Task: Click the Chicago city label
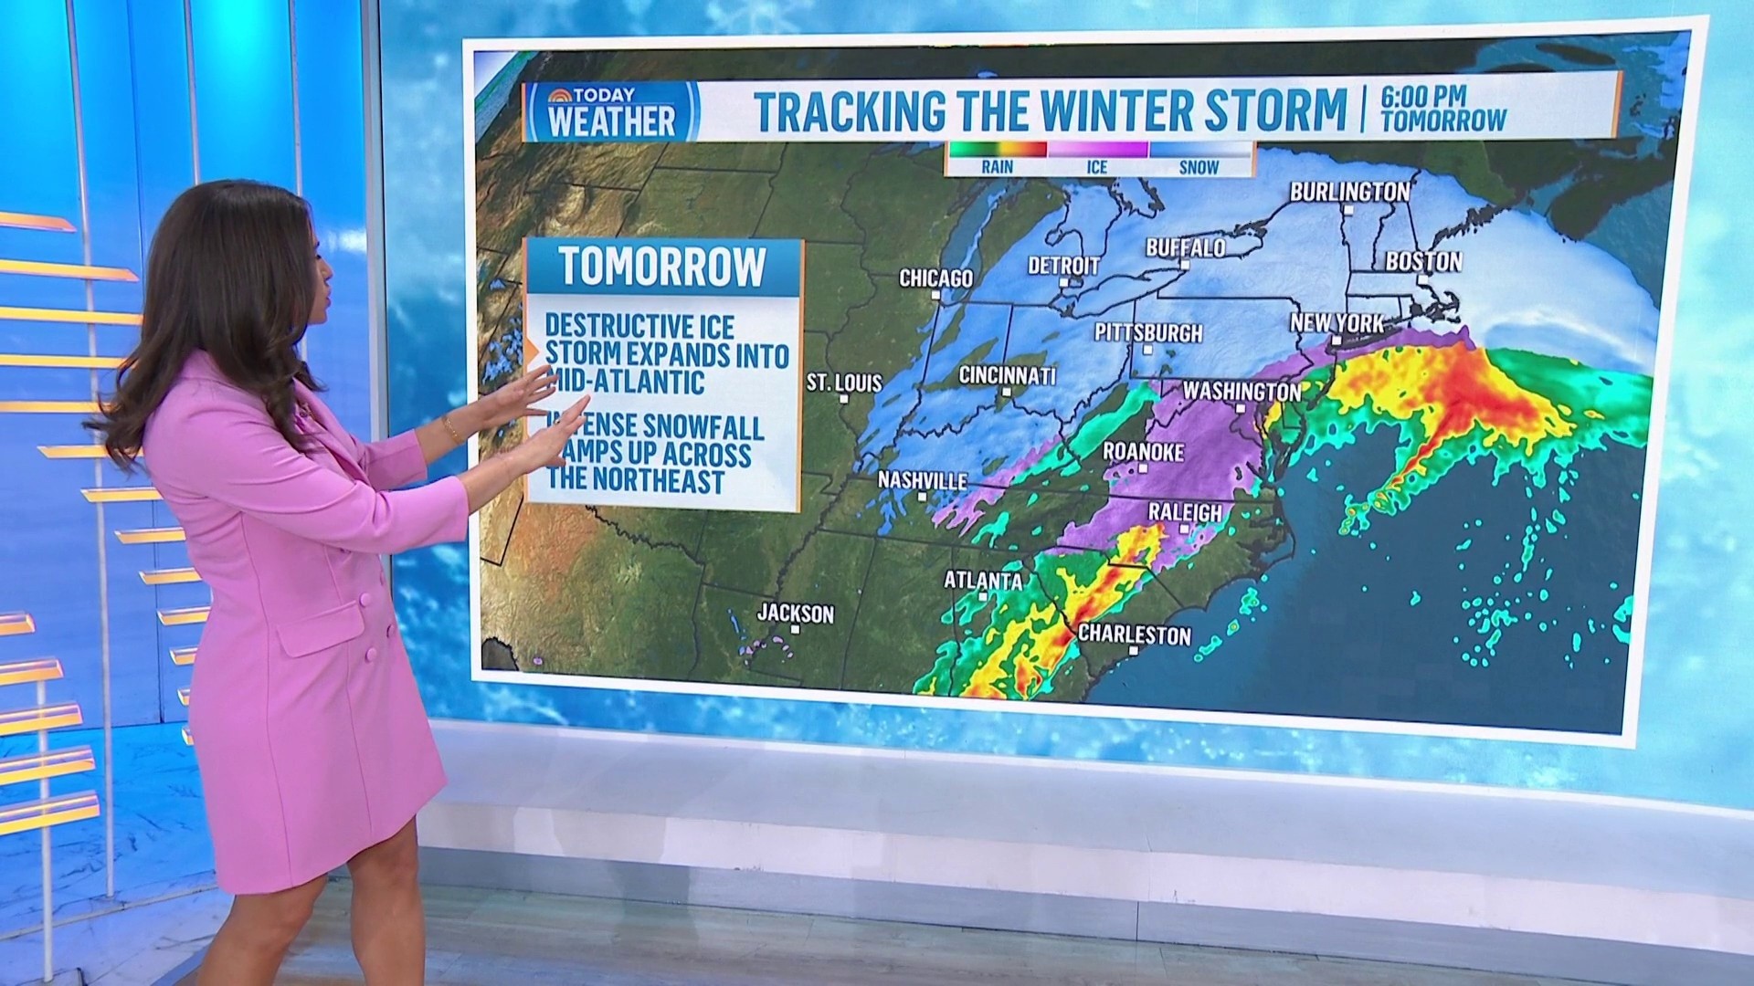(935, 278)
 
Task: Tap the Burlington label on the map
(1349, 192)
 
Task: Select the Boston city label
(1423, 262)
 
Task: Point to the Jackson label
(795, 614)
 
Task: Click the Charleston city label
(1135, 635)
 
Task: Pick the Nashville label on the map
(922, 480)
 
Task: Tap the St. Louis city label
(844, 383)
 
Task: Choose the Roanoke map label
(1143, 452)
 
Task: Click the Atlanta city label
(983, 581)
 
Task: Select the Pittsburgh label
(1148, 332)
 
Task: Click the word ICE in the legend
(1097, 167)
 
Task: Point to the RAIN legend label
(998, 167)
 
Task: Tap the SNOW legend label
(1199, 167)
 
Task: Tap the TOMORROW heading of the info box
(663, 267)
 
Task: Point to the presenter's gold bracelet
(450, 427)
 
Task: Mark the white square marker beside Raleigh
(1186, 529)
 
